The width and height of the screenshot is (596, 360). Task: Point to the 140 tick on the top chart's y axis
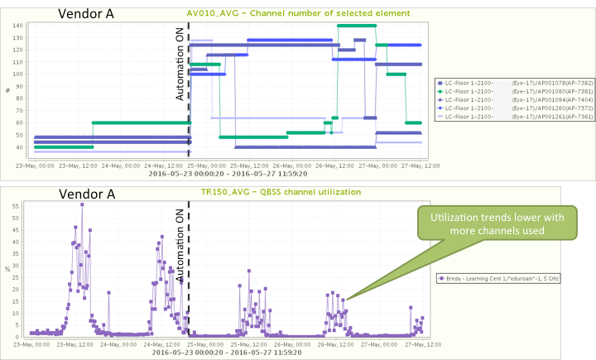(17, 26)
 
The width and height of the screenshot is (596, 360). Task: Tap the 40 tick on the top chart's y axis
(19, 147)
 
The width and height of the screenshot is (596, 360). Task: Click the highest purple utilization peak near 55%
(82, 204)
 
